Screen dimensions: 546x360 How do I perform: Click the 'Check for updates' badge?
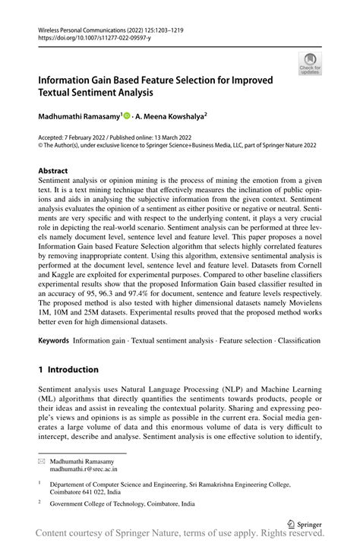[x=309, y=63]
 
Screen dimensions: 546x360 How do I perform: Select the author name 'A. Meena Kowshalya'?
[x=172, y=118]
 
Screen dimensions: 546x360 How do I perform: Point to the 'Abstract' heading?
[x=53, y=171]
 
